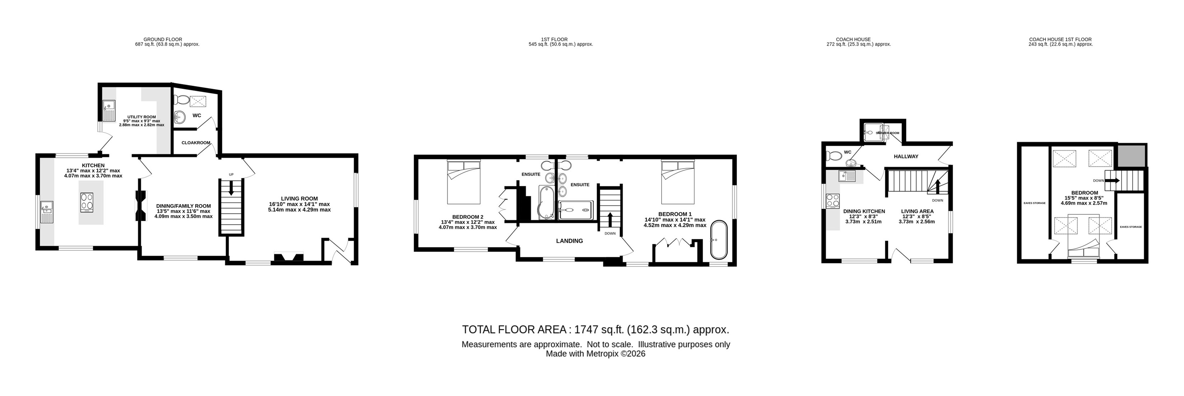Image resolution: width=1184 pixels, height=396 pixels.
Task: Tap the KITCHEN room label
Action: pos(93,165)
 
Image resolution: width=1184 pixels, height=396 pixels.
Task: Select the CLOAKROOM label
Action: pos(196,143)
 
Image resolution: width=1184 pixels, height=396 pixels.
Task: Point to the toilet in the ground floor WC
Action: pos(183,100)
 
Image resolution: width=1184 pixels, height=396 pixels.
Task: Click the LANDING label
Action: pos(569,241)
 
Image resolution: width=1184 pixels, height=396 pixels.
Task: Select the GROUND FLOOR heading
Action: pos(163,39)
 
